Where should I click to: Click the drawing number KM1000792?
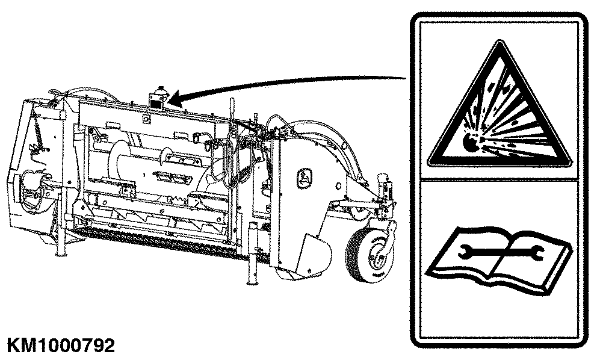(61, 346)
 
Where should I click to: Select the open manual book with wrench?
(499, 261)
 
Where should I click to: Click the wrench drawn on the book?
(499, 251)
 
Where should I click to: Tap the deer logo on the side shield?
(304, 178)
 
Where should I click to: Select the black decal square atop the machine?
(155, 103)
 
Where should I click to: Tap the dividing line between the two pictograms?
(499, 179)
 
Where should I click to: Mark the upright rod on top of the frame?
(231, 110)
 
